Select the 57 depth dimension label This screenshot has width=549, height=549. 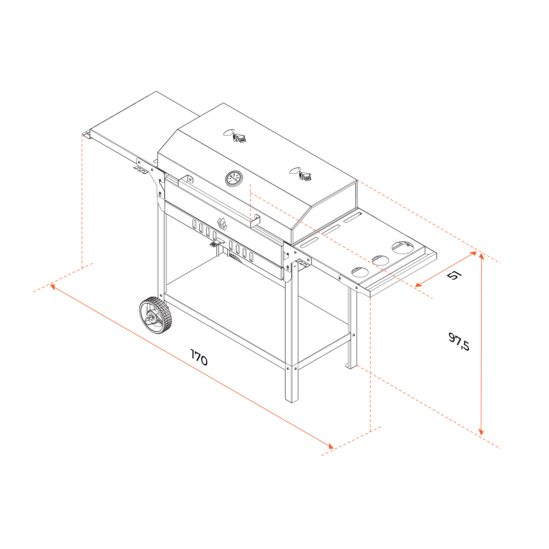tap(454, 275)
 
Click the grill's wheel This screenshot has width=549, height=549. tap(155, 315)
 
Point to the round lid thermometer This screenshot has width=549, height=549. tap(234, 178)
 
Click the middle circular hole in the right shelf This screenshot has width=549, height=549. tap(380, 260)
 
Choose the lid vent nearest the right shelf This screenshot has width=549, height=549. tap(301, 174)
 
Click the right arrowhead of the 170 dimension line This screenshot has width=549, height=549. tap(331, 446)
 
